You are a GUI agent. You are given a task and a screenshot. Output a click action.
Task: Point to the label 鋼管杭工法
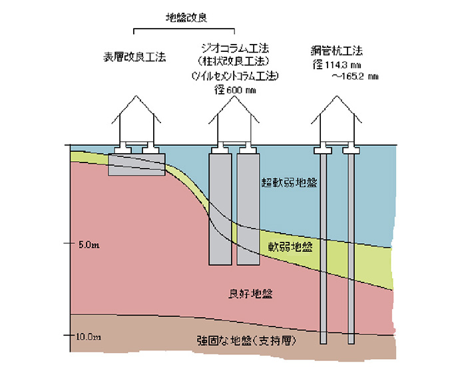pos(336,51)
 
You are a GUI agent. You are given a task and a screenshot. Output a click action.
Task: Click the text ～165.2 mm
pos(355,77)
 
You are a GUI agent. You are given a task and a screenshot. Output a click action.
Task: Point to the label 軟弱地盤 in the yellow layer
pos(291,246)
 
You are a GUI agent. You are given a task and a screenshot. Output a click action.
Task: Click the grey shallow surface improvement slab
pos(136,164)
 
